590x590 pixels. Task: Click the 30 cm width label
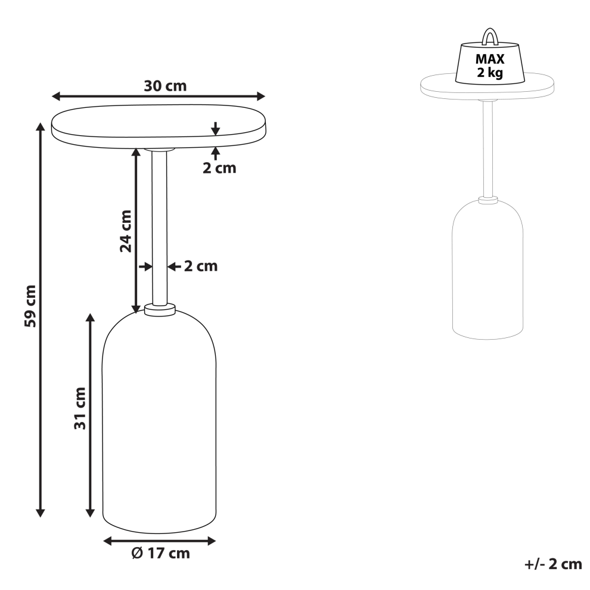(165, 86)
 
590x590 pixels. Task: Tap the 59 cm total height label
(30, 306)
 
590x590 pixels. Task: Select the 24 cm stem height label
(126, 231)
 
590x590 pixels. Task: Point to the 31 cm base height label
(80, 408)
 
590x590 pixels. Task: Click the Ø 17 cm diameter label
(161, 553)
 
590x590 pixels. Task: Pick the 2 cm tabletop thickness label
(219, 168)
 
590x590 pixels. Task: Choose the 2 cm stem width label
(201, 266)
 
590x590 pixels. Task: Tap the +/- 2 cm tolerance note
(553, 564)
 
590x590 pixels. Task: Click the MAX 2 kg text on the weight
(490, 66)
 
